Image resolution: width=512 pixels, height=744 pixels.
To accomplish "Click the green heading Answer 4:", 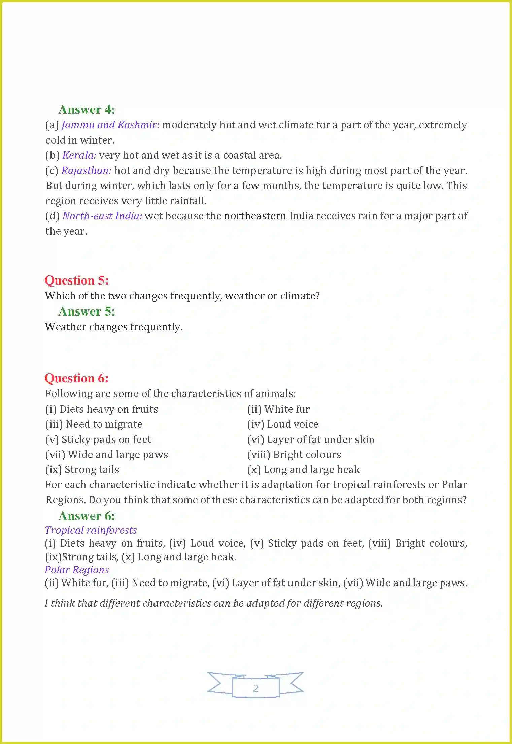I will (x=87, y=110).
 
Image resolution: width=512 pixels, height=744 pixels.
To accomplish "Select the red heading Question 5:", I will (x=76, y=280).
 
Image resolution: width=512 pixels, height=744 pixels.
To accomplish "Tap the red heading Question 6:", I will (x=76, y=378).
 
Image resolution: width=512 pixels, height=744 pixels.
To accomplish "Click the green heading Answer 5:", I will (x=87, y=311).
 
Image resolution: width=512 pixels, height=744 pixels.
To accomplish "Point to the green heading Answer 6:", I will (x=87, y=516).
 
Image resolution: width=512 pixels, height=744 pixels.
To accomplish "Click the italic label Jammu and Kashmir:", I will (x=110, y=125).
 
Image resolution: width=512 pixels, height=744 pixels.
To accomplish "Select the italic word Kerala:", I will (x=79, y=155).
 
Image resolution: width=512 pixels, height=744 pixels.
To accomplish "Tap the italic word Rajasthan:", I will (x=87, y=171).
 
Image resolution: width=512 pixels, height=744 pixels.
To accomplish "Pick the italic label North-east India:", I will (x=102, y=216).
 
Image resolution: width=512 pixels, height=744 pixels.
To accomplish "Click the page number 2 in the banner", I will (x=255, y=688).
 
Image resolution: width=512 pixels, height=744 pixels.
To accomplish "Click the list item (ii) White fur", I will (x=278, y=409).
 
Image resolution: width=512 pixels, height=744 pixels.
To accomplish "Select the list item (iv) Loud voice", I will (x=283, y=424).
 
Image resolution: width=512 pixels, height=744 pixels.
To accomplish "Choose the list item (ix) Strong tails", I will (x=82, y=470).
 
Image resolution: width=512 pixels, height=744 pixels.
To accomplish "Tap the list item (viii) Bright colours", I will (x=294, y=455).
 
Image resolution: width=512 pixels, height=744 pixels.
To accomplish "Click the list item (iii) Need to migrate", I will (x=94, y=424).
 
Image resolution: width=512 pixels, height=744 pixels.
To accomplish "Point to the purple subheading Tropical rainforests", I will (x=91, y=530).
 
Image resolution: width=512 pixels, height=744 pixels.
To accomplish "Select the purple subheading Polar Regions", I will (x=77, y=570).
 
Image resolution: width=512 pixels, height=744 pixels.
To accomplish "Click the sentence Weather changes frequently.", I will (x=113, y=327).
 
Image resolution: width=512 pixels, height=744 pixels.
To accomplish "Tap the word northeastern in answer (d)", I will (x=255, y=216).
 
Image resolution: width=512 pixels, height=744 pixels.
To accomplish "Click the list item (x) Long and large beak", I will (x=303, y=470).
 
